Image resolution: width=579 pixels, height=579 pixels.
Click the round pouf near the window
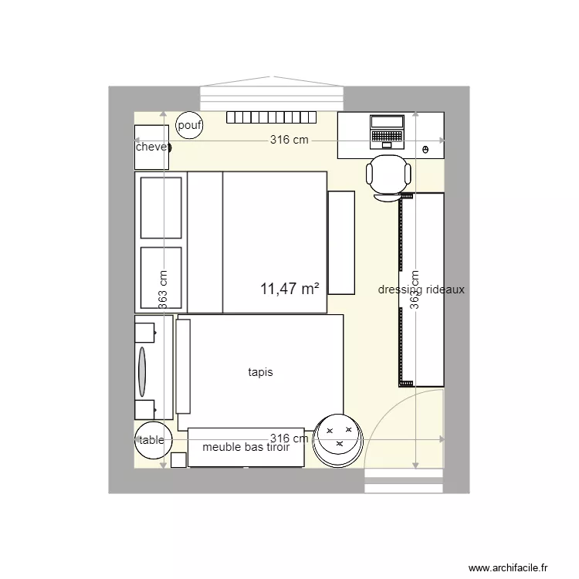189,125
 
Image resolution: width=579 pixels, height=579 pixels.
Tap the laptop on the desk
387,130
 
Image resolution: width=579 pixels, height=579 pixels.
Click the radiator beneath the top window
272,117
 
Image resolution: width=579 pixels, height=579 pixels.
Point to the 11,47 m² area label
290,289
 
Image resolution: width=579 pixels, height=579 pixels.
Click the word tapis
260,372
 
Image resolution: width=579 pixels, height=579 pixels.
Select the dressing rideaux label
422,289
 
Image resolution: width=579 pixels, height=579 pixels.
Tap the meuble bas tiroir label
245,447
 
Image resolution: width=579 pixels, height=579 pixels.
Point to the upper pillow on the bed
161,207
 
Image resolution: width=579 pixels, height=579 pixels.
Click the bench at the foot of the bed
340,242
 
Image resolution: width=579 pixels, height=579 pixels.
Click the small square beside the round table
178,460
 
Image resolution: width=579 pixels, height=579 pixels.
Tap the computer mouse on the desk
426,148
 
